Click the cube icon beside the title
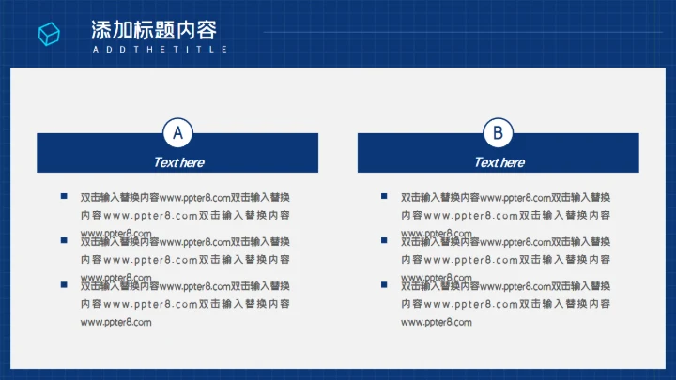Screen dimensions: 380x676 (x=49, y=35)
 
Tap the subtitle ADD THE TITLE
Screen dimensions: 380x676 (x=160, y=49)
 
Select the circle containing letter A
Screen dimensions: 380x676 (x=177, y=132)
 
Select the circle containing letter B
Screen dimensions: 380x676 (x=498, y=132)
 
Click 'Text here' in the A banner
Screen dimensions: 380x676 (x=177, y=162)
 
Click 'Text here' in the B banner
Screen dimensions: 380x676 (x=499, y=162)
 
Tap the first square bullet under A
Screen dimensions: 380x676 (x=64, y=196)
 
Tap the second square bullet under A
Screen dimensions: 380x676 (x=64, y=241)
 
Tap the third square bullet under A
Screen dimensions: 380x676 (x=64, y=285)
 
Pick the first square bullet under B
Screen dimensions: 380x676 (x=384, y=196)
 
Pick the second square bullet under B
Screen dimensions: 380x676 (x=384, y=241)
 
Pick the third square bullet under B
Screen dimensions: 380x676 (x=384, y=285)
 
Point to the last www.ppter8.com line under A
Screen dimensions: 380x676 (x=116, y=323)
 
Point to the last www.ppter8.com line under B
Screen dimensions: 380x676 (x=437, y=323)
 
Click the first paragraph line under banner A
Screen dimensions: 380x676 (x=185, y=197)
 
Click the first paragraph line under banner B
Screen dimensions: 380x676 (x=505, y=197)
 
